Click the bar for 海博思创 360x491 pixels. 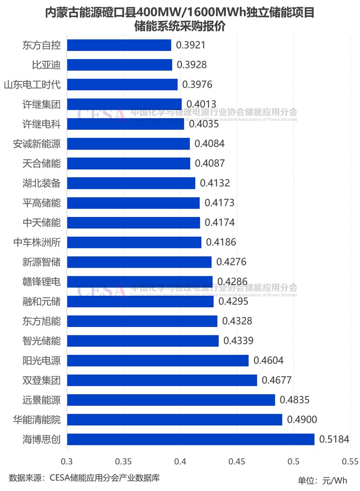coord(190,439)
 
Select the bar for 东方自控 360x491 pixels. coord(119,45)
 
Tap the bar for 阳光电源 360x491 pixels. coord(158,360)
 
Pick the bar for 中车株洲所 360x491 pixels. coord(134,242)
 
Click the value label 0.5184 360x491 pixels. coord(334,439)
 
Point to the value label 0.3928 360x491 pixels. coord(192,65)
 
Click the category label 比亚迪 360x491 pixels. coord(46,65)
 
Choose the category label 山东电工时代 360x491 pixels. coord(32,85)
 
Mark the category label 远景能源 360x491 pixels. coord(42,400)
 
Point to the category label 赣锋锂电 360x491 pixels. coord(42,282)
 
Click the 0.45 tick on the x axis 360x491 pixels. coord(237,461)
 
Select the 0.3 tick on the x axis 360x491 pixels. coord(67,461)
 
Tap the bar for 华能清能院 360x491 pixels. coord(174,419)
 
